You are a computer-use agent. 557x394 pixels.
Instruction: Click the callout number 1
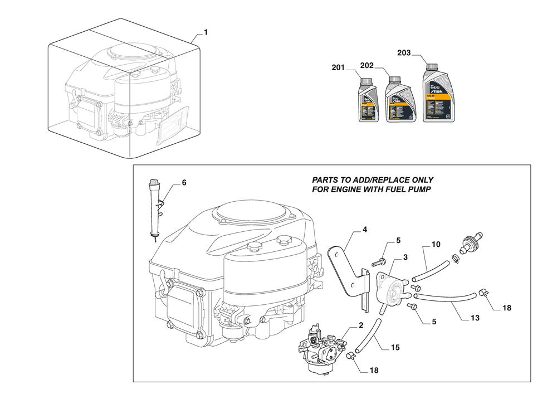point(206,33)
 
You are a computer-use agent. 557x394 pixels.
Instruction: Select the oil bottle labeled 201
point(364,100)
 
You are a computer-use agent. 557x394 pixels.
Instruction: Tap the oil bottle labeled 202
point(395,100)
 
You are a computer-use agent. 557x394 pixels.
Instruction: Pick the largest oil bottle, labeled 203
point(438,93)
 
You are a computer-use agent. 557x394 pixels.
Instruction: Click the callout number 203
point(404,53)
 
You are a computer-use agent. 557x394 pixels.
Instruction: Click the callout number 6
point(184,182)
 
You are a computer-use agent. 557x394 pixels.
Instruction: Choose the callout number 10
point(436,244)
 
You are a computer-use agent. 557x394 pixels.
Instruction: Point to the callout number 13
point(475,318)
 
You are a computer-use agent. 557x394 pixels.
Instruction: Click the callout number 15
point(395,348)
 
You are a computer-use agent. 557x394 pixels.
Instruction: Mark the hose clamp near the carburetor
point(351,357)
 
